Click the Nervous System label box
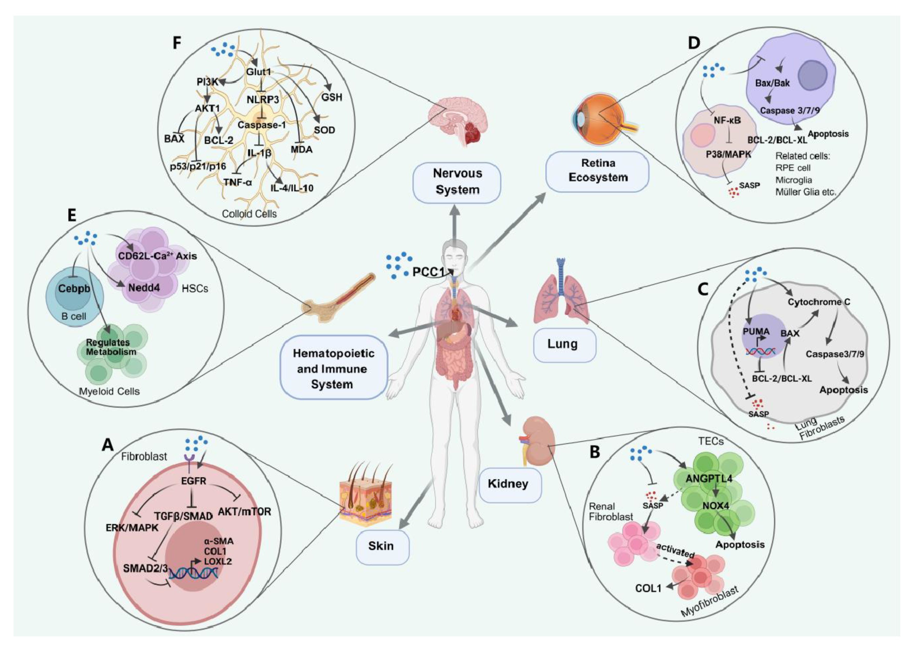pyautogui.click(x=457, y=182)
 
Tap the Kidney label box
pyautogui.click(x=510, y=484)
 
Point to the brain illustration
pyautogui.click(x=457, y=121)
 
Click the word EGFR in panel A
pyautogui.click(x=193, y=481)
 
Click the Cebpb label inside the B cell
pyautogui.click(x=74, y=288)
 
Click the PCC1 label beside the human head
pyautogui.click(x=428, y=272)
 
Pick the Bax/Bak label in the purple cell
pyautogui.click(x=772, y=83)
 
